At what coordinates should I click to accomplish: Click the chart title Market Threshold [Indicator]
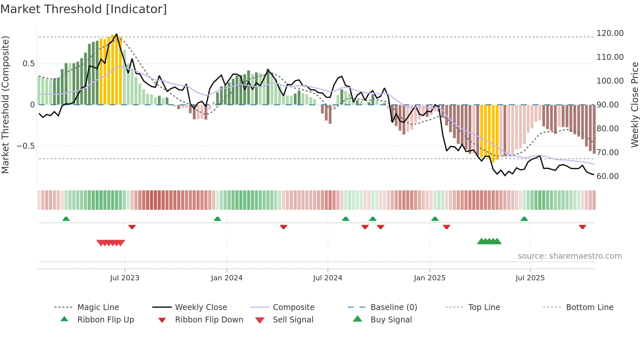84,9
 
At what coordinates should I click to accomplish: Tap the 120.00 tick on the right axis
610,33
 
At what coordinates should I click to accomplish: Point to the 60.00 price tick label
607,176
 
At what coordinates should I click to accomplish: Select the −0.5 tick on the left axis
26,146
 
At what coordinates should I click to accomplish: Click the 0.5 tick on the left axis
28,64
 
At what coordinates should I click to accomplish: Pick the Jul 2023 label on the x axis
124,278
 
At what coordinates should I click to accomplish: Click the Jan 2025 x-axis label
429,278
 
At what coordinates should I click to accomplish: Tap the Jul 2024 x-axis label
328,278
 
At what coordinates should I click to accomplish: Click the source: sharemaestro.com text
569,256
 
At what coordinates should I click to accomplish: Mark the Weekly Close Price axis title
634,105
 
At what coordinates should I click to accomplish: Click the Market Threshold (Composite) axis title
5,105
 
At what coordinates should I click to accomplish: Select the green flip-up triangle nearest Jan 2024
217,219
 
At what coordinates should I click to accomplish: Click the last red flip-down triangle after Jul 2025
582,227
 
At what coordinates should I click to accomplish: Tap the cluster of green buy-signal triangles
489,241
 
